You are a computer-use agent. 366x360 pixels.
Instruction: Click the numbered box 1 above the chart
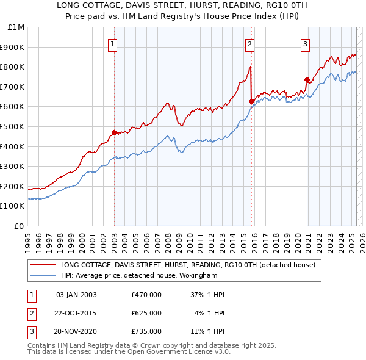tap(114, 43)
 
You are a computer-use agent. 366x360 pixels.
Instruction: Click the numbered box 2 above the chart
tap(250, 43)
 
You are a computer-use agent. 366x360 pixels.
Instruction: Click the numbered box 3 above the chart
tap(305, 43)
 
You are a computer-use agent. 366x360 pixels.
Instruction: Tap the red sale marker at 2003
tap(114, 132)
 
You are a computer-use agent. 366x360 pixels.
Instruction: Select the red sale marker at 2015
tap(251, 101)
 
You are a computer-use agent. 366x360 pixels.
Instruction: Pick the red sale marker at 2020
tap(307, 79)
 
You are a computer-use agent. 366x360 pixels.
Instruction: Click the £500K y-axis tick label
tap(13, 126)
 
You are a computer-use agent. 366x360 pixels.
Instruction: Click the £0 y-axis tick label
tap(20, 226)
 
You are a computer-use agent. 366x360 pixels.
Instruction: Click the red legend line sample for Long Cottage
tap(42, 265)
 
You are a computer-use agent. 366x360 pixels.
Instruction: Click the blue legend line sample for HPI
tap(42, 275)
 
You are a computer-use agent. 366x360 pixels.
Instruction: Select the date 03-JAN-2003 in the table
tap(76, 295)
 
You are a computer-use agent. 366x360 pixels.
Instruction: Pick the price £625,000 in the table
tap(146, 313)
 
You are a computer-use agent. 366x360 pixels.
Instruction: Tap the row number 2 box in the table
tap(31, 313)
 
